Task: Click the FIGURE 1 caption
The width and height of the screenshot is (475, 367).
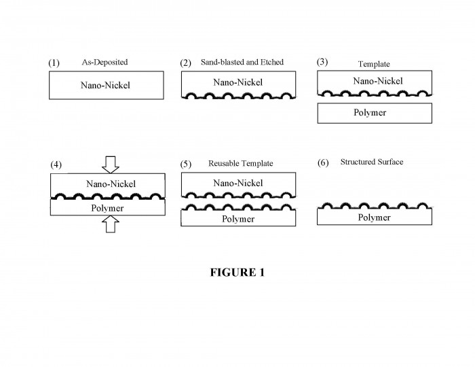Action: (x=237, y=273)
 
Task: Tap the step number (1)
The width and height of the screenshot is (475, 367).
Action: (x=54, y=63)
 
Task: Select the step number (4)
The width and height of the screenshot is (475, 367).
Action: (x=56, y=164)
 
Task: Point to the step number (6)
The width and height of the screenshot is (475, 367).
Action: (x=323, y=162)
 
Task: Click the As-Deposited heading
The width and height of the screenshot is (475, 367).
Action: (x=104, y=62)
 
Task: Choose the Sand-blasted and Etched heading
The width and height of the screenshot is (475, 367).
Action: (x=242, y=62)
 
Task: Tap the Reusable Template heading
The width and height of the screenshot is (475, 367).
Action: (x=240, y=164)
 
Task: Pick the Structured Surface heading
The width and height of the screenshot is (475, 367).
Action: (x=372, y=162)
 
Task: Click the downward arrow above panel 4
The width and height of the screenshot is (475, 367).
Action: (x=111, y=164)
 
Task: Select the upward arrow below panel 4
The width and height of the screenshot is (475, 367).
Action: (x=111, y=224)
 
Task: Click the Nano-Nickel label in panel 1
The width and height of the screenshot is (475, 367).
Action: (x=105, y=85)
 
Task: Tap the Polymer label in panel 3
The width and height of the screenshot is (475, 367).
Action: (x=370, y=113)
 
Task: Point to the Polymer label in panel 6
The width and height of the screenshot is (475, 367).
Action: (x=374, y=217)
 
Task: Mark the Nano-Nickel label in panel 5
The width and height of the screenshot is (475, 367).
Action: (x=238, y=183)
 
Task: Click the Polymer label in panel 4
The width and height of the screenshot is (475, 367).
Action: (x=107, y=209)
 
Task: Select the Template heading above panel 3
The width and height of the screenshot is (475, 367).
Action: (x=374, y=64)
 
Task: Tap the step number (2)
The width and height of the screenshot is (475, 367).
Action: (x=186, y=63)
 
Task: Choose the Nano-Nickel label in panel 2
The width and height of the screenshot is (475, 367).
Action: (x=238, y=82)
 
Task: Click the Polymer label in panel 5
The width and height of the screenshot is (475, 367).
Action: (x=238, y=219)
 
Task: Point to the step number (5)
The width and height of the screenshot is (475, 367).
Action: (x=186, y=164)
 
